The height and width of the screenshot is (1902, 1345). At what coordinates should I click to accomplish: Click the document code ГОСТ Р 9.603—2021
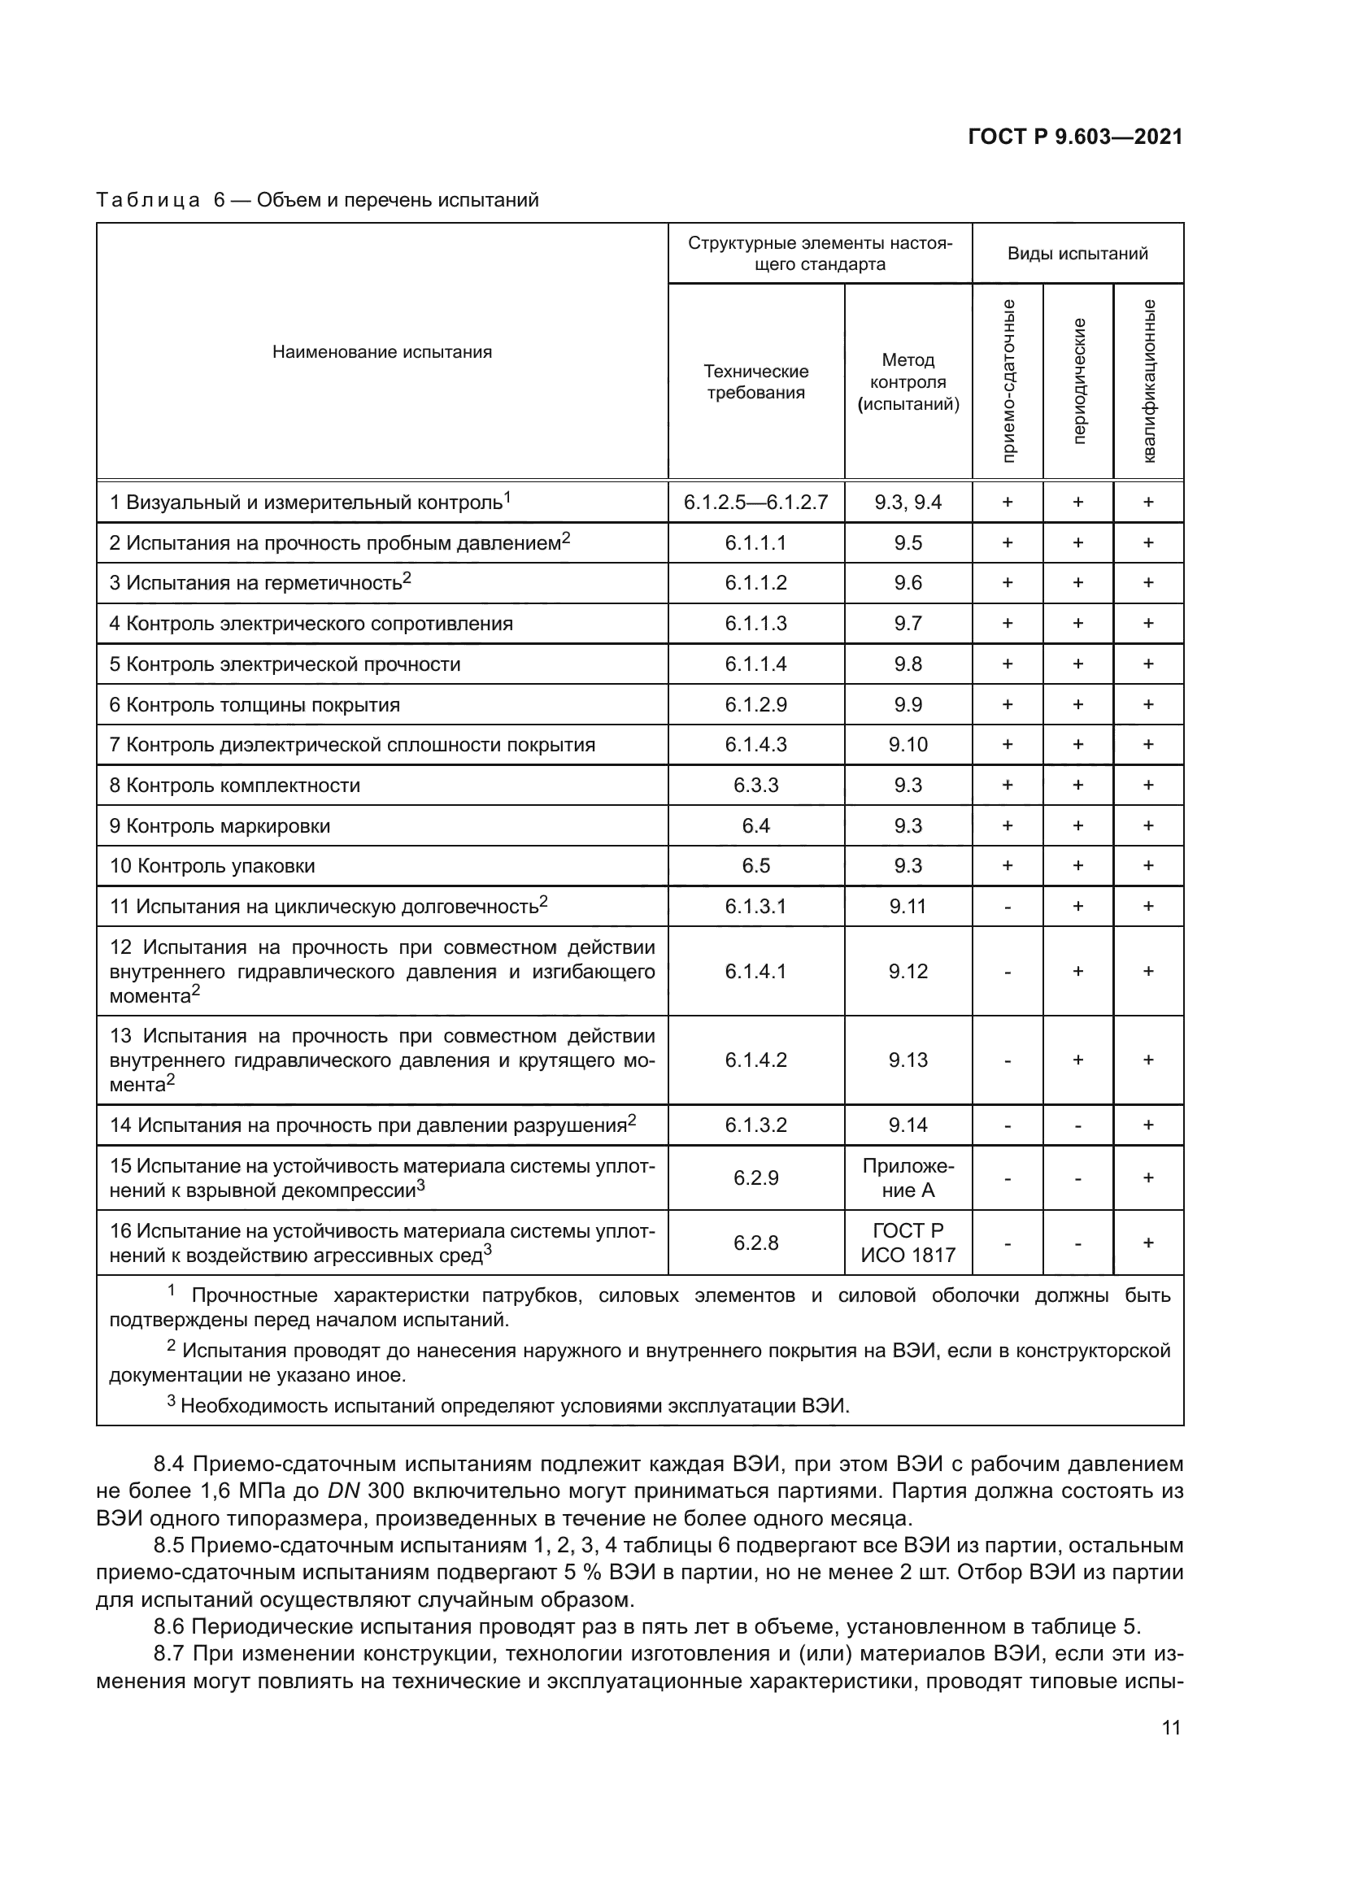pyautogui.click(x=1074, y=137)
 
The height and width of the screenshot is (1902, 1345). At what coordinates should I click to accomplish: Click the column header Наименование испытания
pyautogui.click(x=382, y=352)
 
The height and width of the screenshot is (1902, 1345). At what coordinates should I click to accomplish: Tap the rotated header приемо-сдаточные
pyautogui.click(x=1008, y=381)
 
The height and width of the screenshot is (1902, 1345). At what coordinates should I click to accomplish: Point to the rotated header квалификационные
pyautogui.click(x=1149, y=381)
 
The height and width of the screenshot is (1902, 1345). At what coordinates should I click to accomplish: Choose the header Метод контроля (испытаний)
pyautogui.click(x=908, y=382)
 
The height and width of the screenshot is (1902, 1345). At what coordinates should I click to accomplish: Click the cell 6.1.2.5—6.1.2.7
pyautogui.click(x=755, y=502)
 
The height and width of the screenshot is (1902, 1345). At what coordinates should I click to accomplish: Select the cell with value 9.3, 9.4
pyautogui.click(x=908, y=502)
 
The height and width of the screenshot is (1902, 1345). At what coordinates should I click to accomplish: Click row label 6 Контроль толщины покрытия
pyautogui.click(x=255, y=705)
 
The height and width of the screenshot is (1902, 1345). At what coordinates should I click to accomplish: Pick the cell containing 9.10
pyautogui.click(x=908, y=745)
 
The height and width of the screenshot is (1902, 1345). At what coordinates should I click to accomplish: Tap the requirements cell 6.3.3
pyautogui.click(x=755, y=786)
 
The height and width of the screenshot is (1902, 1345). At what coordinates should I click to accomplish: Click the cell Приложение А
pyautogui.click(x=908, y=1178)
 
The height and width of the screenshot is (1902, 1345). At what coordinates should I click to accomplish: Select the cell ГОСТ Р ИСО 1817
pyautogui.click(x=908, y=1243)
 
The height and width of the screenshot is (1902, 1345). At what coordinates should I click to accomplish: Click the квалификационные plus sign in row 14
pyautogui.click(x=1148, y=1125)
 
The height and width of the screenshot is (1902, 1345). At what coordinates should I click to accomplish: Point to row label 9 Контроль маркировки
pyautogui.click(x=220, y=826)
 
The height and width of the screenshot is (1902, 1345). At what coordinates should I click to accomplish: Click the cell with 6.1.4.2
pyautogui.click(x=755, y=1060)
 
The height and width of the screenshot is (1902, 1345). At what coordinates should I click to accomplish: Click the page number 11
pyautogui.click(x=1170, y=1728)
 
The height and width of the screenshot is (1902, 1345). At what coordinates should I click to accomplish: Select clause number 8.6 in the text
pyautogui.click(x=168, y=1626)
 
